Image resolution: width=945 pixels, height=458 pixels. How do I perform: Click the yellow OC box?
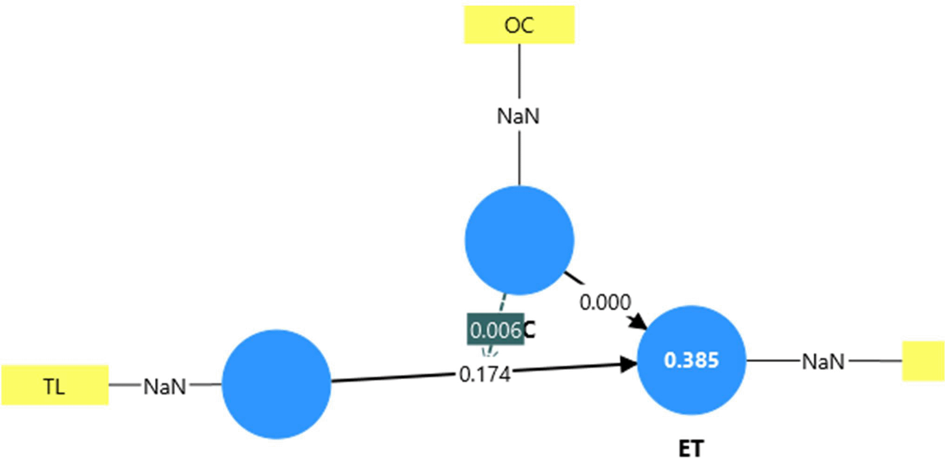(519, 25)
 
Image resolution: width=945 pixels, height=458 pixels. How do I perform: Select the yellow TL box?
(55, 385)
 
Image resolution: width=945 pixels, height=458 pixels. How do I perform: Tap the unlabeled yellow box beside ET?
(923, 361)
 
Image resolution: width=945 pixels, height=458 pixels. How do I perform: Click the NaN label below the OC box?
(519, 116)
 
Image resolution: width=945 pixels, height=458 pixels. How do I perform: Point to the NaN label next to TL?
(165, 387)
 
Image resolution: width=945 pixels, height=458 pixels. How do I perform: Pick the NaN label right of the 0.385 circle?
(823, 362)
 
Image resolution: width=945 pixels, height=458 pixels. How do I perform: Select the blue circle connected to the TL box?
(276, 384)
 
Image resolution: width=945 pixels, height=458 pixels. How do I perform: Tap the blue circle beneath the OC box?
(519, 240)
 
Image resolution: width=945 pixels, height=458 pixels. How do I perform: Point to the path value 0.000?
(605, 303)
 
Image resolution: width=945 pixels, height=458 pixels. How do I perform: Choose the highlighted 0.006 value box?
(495, 330)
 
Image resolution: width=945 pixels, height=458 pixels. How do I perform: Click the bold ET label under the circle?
(691, 449)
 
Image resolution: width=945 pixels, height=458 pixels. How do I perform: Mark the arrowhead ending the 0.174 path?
(629, 364)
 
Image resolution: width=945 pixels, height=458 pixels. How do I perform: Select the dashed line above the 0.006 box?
(503, 303)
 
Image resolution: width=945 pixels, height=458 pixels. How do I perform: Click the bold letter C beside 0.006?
(529, 330)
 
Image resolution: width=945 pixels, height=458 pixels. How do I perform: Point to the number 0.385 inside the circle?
(691, 360)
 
